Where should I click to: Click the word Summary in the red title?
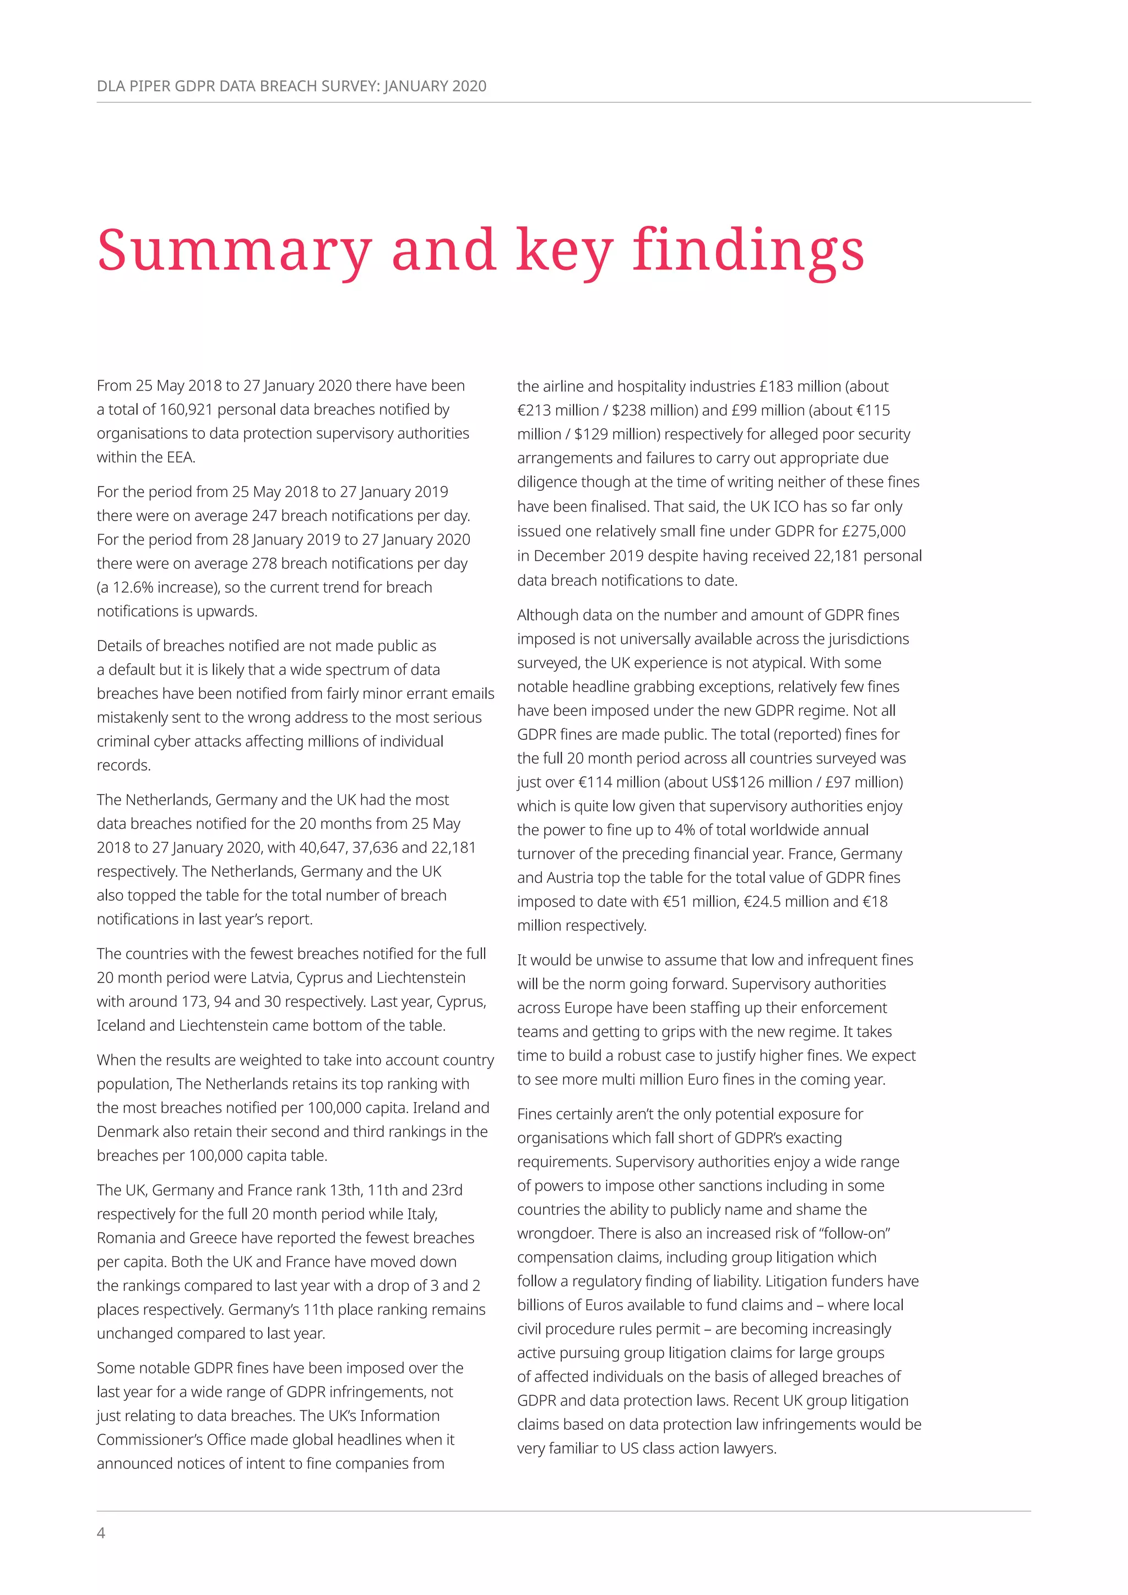pyautogui.click(x=234, y=250)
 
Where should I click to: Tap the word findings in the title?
pyautogui.click(x=748, y=250)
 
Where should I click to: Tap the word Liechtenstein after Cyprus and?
pyautogui.click(x=421, y=978)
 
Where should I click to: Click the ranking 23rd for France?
pyautogui.click(x=447, y=1190)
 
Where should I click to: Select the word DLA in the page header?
pyautogui.click(x=111, y=86)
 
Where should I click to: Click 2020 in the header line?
pyautogui.click(x=469, y=86)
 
